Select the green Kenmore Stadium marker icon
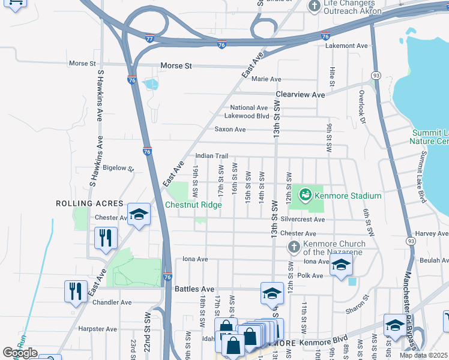point(306,194)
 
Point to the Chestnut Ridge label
point(193,205)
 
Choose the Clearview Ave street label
point(300,95)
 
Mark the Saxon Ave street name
point(230,129)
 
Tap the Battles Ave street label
point(194,289)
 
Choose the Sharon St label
point(357,311)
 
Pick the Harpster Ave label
point(101,329)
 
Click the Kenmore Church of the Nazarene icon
point(294,247)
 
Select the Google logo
point(20,353)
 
